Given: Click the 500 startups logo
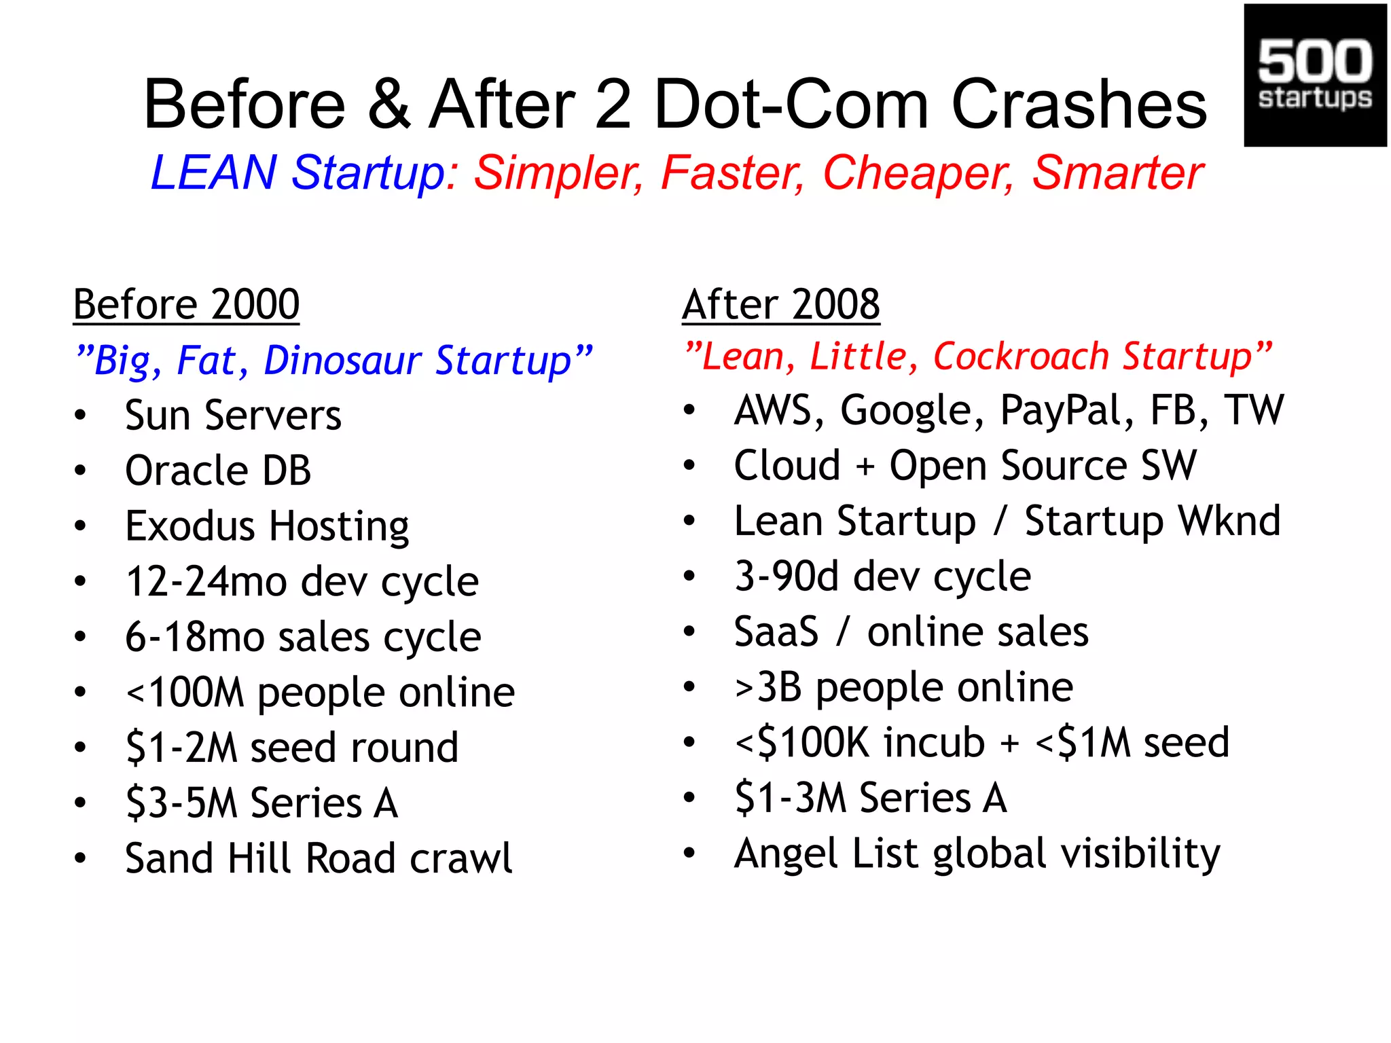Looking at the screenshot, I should pos(1315,75).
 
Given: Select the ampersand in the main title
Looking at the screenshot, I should pos(390,105).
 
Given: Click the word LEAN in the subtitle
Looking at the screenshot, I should pos(213,172).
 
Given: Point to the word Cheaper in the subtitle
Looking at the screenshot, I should pos(918,172).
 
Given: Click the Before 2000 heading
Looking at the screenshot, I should pos(186,304).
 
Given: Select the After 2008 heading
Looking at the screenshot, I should pos(781,304).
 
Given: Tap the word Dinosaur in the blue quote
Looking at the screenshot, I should pos(342,360).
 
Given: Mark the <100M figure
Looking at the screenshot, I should pos(185,693).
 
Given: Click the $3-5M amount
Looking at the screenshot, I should pos(181,803).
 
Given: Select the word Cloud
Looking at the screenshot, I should pos(787,466).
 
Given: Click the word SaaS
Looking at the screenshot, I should pos(776,632).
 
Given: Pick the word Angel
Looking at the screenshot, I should pos(786,854).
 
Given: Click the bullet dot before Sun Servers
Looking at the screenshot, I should pos(81,416).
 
